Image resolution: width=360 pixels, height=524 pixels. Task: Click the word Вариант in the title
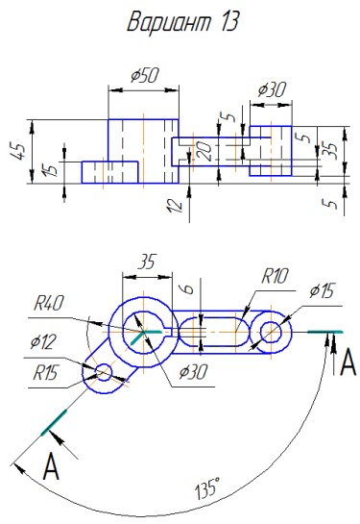point(169,22)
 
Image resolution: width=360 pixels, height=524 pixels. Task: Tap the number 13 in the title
point(228,22)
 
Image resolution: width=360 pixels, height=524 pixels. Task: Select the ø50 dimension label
point(145,76)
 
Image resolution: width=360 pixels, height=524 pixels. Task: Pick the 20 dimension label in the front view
point(204,151)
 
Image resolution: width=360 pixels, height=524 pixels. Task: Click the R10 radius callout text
point(275,276)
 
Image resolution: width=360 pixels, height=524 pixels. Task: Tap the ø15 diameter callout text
point(322,290)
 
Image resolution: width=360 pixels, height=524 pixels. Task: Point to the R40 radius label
point(49,304)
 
